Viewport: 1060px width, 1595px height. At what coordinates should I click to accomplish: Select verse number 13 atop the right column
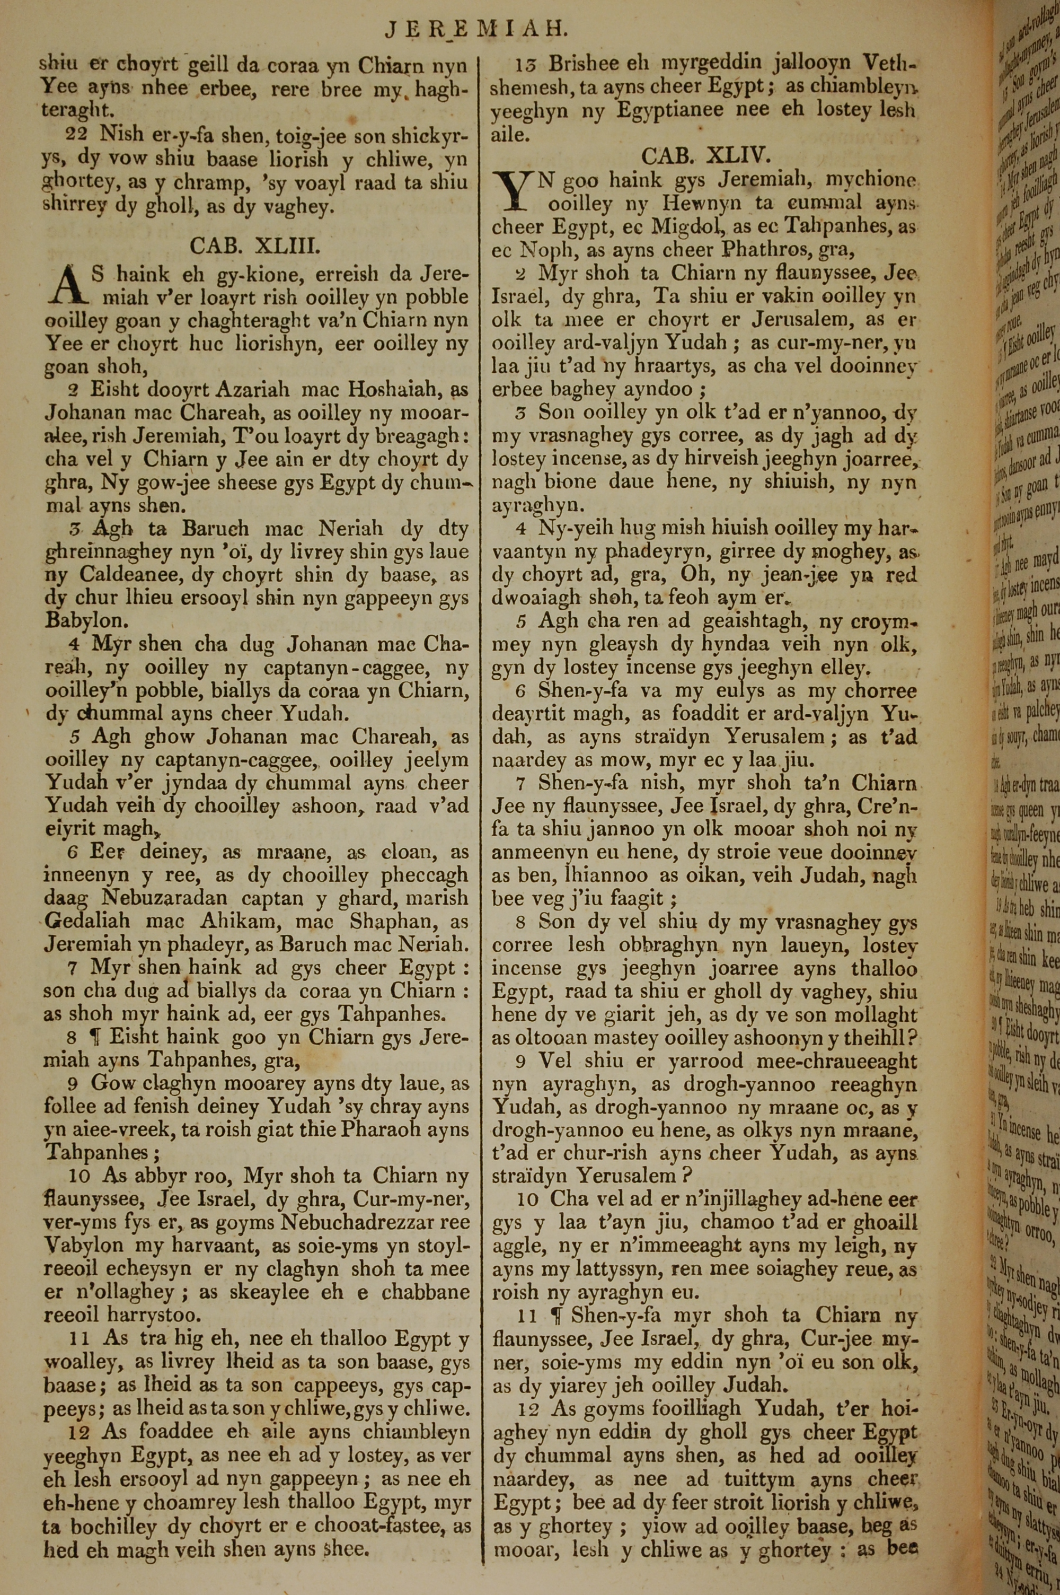pos(525,64)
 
